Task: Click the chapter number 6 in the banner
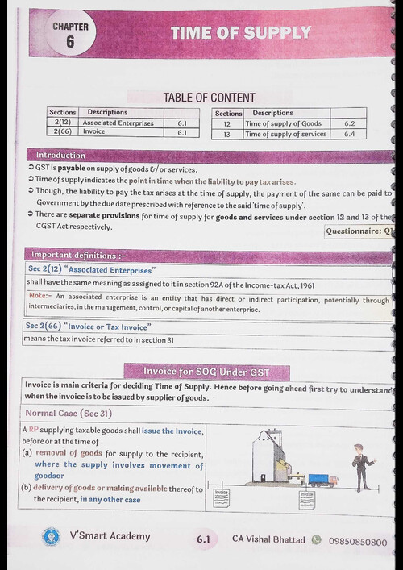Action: (x=70, y=43)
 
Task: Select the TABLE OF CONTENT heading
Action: (x=209, y=98)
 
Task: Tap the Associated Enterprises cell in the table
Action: (x=117, y=123)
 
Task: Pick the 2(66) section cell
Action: (x=61, y=132)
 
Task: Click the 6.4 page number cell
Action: (x=349, y=134)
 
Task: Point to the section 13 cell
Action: (x=227, y=134)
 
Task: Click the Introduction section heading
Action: (x=60, y=155)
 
